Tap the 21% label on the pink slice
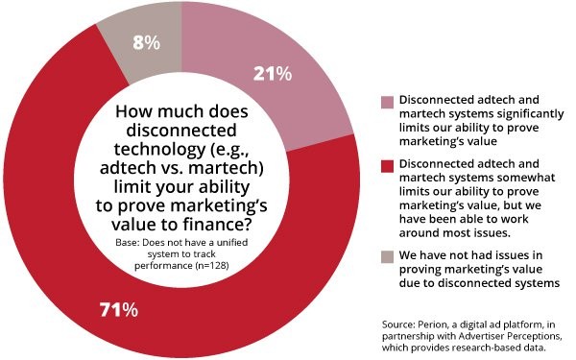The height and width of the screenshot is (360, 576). (272, 74)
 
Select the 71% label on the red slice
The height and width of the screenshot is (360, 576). (118, 309)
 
